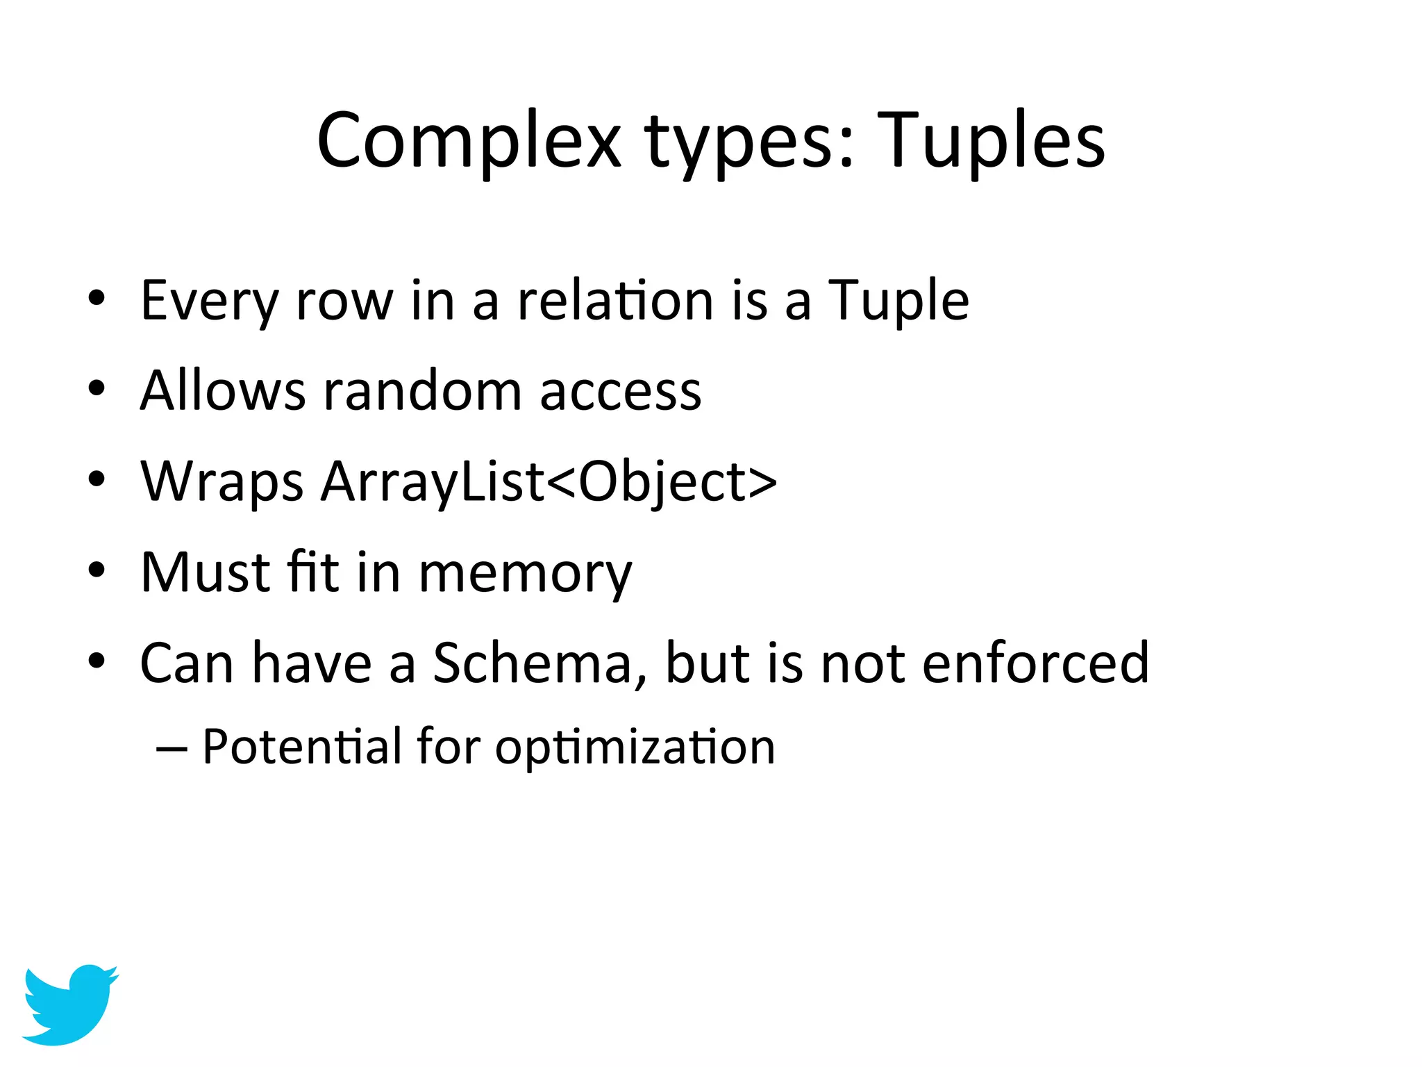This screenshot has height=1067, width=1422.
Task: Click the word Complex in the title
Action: tap(469, 141)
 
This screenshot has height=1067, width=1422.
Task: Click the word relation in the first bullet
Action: tap(614, 300)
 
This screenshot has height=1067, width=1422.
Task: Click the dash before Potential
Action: tap(172, 749)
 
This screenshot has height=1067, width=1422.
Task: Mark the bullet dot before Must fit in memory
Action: tap(97, 570)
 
